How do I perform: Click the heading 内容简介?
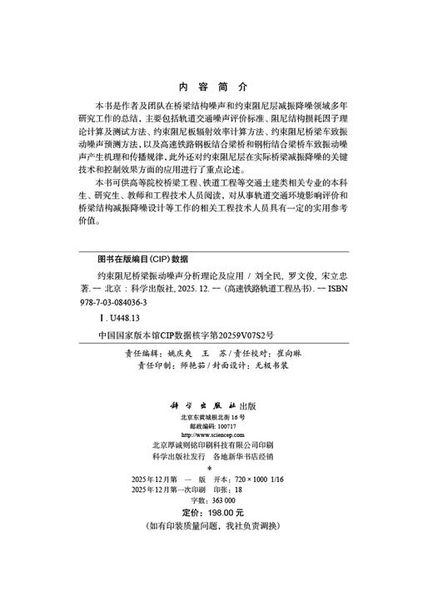(214, 87)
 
